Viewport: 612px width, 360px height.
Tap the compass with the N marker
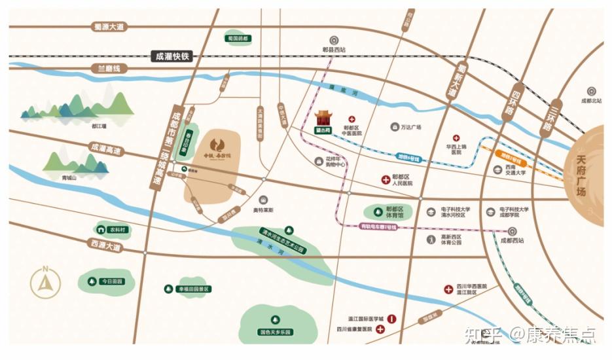(x=45, y=283)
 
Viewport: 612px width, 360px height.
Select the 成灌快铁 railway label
(x=172, y=56)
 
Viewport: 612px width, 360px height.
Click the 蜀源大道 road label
(x=108, y=27)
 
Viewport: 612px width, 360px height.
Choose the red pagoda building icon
(x=323, y=119)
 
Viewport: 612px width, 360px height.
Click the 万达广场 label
(x=411, y=127)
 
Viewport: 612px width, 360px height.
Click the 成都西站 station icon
(x=512, y=230)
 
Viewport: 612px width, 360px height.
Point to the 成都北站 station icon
(x=590, y=91)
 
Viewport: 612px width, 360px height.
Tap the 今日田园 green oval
(x=106, y=281)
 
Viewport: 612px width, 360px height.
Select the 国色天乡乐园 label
(x=274, y=332)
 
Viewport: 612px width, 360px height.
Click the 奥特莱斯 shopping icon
(x=262, y=200)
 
